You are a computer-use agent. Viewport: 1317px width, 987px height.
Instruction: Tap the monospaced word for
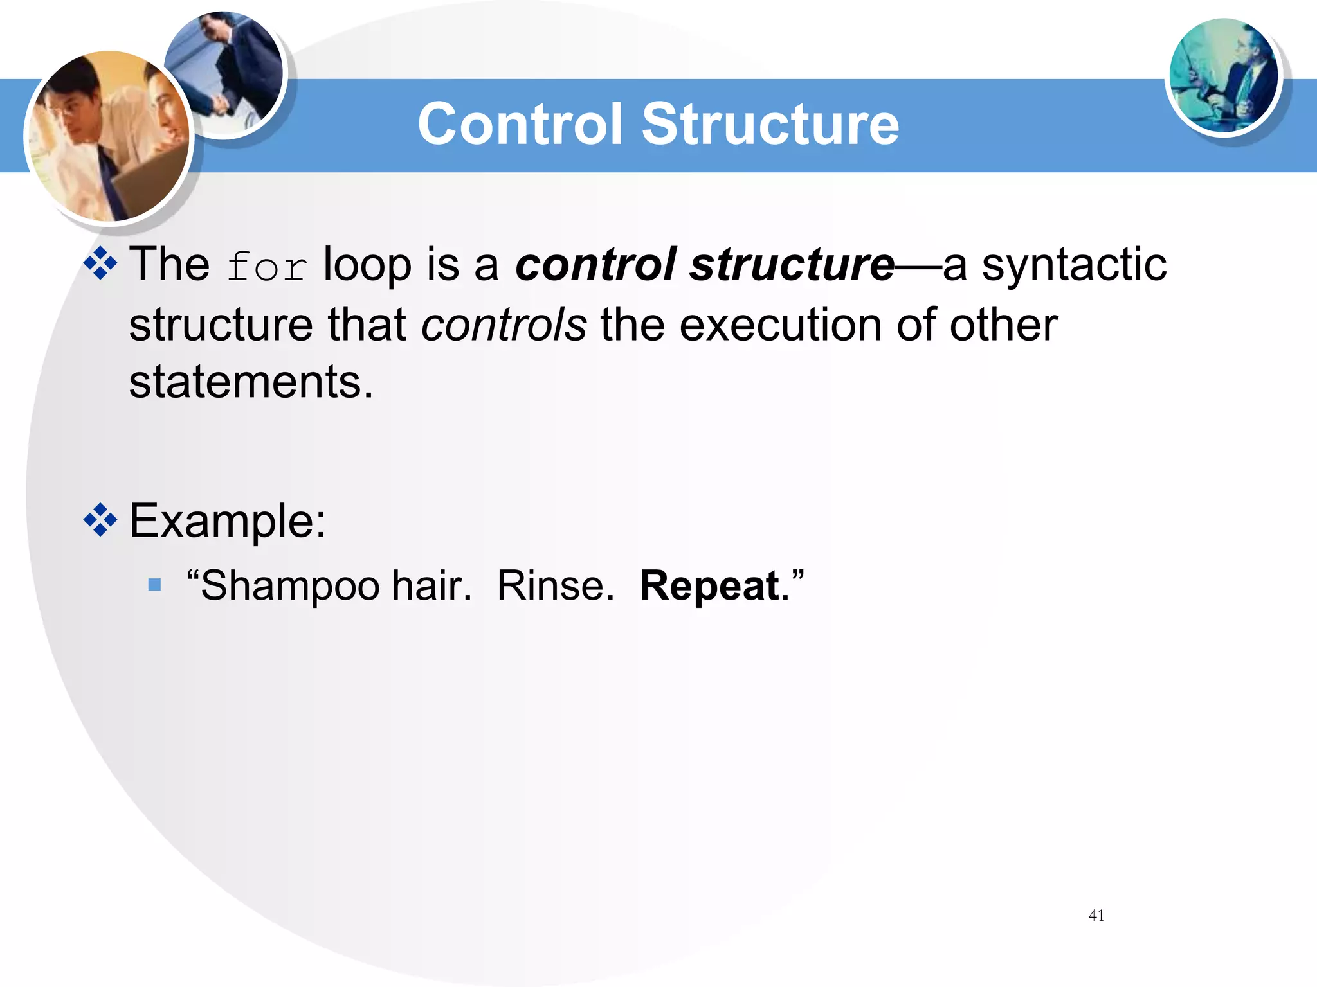[x=267, y=267]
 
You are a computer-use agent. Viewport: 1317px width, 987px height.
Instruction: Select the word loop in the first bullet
[x=367, y=265]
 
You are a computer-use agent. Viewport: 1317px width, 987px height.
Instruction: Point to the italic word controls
[x=504, y=325]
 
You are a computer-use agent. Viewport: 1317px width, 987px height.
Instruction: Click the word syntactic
[x=1073, y=265]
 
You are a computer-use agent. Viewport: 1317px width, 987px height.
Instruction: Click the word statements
[x=251, y=382]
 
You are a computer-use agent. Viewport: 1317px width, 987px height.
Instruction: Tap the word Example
[x=227, y=520]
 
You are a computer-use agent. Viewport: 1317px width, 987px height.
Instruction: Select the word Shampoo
[x=289, y=586]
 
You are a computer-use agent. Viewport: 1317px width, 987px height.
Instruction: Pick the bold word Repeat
[x=709, y=586]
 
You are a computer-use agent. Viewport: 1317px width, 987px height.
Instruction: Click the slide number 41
[x=1096, y=915]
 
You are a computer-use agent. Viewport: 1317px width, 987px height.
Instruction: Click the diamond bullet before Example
[x=100, y=520]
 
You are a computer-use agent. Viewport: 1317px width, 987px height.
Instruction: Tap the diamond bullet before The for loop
[x=100, y=263]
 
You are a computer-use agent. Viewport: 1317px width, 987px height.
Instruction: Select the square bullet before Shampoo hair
[x=154, y=585]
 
